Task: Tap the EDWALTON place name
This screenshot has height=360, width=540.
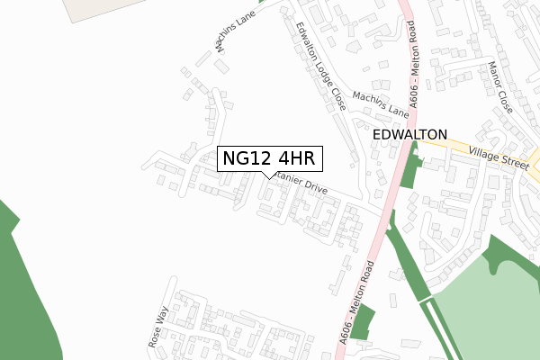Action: (x=409, y=134)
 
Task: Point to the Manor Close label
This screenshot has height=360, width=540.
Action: (x=499, y=87)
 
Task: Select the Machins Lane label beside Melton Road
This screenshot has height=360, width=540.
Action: (x=381, y=103)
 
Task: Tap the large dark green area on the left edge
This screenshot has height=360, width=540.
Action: (x=22, y=288)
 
